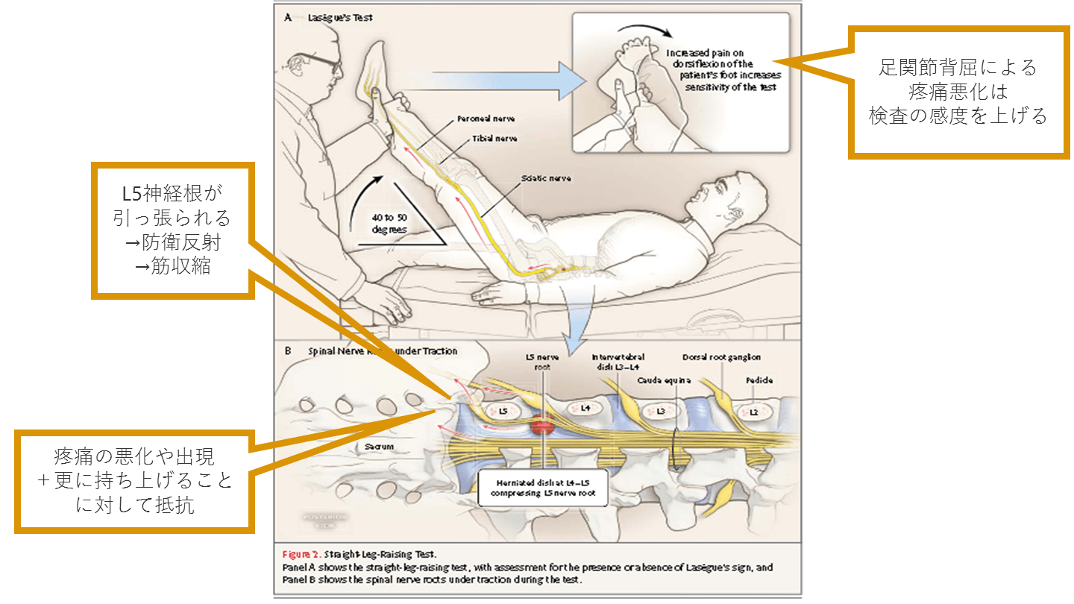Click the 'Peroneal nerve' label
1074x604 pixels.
point(486,119)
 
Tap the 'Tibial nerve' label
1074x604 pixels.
point(495,138)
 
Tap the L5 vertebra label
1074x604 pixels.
point(503,411)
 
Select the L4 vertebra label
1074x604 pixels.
point(586,408)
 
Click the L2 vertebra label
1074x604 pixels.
point(754,411)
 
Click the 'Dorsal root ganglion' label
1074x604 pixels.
point(721,357)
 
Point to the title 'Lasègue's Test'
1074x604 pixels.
point(333,16)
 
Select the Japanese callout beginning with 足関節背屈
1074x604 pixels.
point(958,92)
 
